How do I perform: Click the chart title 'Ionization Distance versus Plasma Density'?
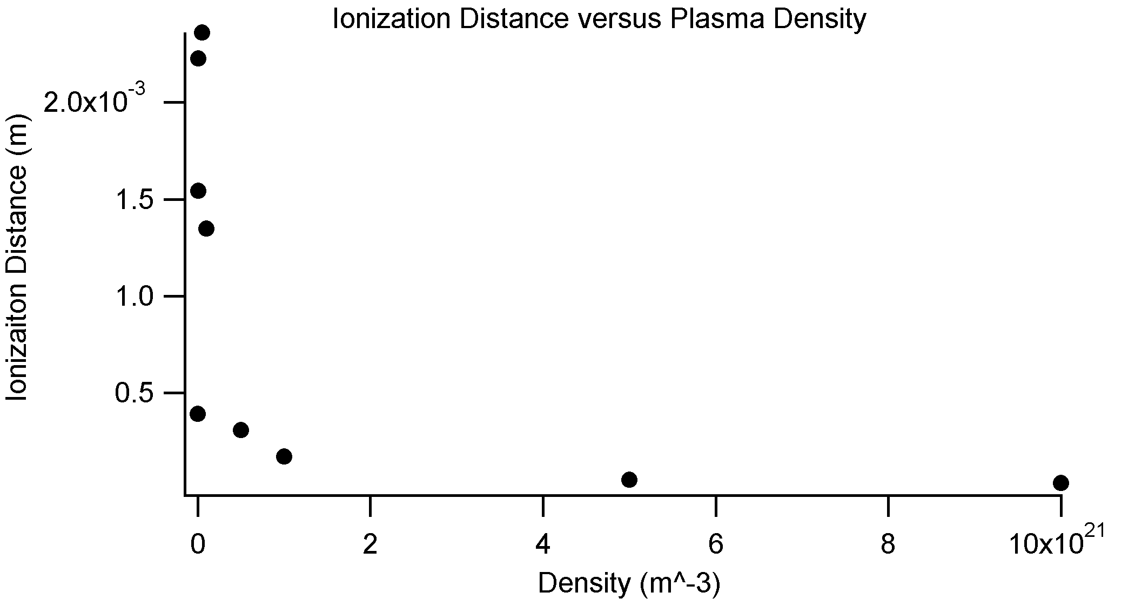pos(599,19)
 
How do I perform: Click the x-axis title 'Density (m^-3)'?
pos(629,583)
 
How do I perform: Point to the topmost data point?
pos(202,32)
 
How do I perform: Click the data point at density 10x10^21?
pos(1060,483)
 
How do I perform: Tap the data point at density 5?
pos(629,479)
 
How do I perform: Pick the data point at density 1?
pos(284,456)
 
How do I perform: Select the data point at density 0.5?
pos(241,430)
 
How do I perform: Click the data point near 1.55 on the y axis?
pos(198,191)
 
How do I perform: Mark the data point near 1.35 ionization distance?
pos(206,228)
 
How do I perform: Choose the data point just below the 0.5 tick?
pos(198,414)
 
